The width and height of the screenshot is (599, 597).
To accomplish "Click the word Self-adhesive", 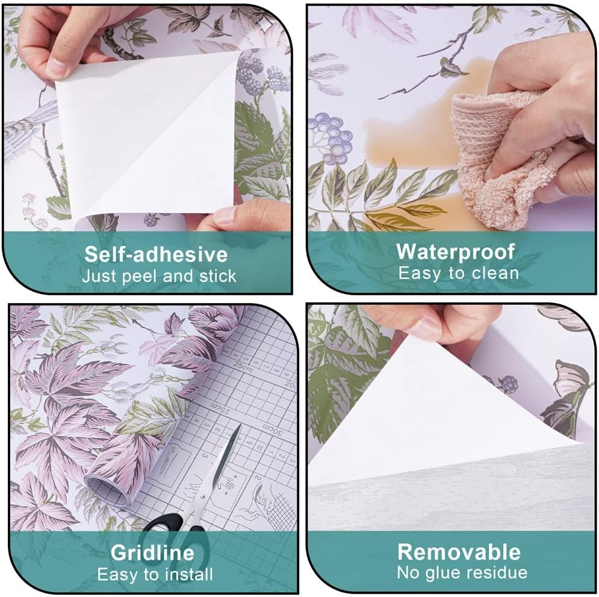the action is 156,254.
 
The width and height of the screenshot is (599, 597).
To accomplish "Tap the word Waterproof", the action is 455,252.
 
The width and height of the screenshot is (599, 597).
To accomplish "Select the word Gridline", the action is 152,552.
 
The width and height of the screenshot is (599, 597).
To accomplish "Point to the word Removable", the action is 459,552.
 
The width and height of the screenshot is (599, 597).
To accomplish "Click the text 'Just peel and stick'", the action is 159,277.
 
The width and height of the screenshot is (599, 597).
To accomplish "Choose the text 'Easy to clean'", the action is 458,273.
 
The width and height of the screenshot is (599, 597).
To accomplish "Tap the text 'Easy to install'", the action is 155,574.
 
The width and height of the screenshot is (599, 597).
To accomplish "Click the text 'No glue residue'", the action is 462,572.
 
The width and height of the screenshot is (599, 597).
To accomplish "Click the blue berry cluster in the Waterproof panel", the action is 332,134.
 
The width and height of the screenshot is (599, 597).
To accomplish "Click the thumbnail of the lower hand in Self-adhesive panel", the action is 225,215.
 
